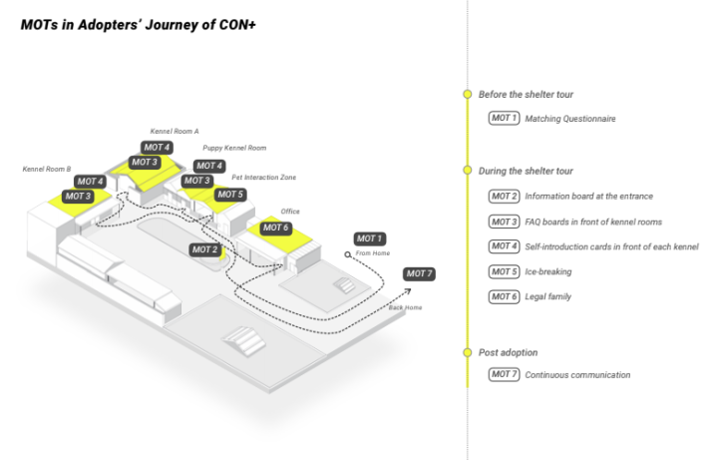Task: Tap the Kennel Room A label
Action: pyautogui.click(x=175, y=131)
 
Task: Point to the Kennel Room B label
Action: pyautogui.click(x=47, y=169)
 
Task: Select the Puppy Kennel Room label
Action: pyautogui.click(x=234, y=148)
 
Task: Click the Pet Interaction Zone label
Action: pyautogui.click(x=263, y=177)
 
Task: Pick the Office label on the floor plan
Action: pyautogui.click(x=290, y=211)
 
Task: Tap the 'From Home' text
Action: pyautogui.click(x=371, y=254)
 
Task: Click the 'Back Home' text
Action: pyautogui.click(x=405, y=307)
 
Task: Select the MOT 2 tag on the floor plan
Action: pyautogui.click(x=204, y=249)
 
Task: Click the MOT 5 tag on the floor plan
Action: pyautogui.click(x=229, y=195)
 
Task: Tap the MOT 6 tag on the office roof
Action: pyautogui.click(x=276, y=228)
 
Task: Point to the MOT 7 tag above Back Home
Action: pyautogui.click(x=419, y=273)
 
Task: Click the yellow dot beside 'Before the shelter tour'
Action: pyautogui.click(x=467, y=94)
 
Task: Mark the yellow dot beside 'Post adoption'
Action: pyautogui.click(x=467, y=352)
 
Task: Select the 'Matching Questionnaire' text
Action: pyautogui.click(x=569, y=119)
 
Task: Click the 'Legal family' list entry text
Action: pyautogui.click(x=547, y=296)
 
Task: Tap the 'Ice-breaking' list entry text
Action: pyautogui.click(x=548, y=271)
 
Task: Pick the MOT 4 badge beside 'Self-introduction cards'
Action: pyautogui.click(x=504, y=246)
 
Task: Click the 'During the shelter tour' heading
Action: pyautogui.click(x=526, y=171)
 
